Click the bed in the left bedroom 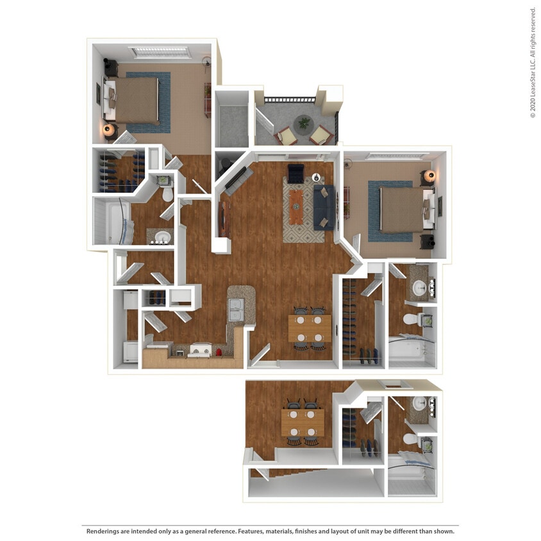click(x=133, y=100)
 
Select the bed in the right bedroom click(x=403, y=209)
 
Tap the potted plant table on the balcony click(x=303, y=122)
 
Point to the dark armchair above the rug click(x=295, y=172)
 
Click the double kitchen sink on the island click(x=237, y=310)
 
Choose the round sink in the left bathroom click(x=163, y=237)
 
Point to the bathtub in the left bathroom click(x=116, y=222)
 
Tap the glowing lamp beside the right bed click(x=430, y=175)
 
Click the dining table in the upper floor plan click(x=309, y=328)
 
